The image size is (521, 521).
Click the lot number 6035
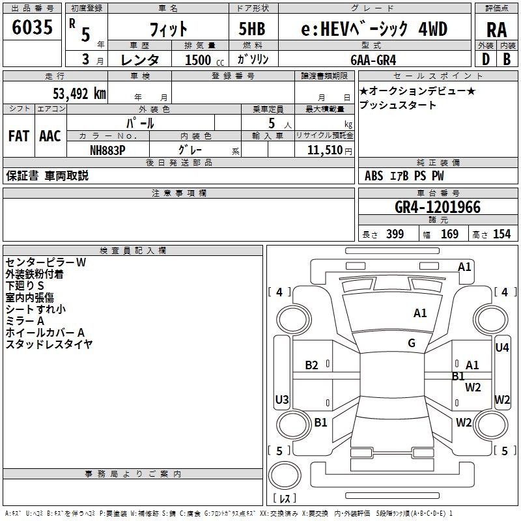32,27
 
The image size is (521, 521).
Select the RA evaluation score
496,30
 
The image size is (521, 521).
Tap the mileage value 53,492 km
79,93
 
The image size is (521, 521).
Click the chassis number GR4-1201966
438,207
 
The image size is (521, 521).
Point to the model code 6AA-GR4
373,60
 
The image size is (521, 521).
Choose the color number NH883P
107,150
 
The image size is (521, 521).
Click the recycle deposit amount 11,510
324,150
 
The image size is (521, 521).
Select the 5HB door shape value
252,29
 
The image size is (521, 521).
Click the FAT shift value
19,136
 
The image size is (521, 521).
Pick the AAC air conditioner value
50,136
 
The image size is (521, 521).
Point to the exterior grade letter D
486,59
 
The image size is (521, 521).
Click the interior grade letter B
507,59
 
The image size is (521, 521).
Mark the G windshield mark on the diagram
412,343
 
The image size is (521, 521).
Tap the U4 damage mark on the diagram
501,348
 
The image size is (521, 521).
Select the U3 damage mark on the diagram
282,399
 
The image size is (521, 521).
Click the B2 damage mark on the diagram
311,365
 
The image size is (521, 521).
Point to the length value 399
395,234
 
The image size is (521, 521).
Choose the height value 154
501,234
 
